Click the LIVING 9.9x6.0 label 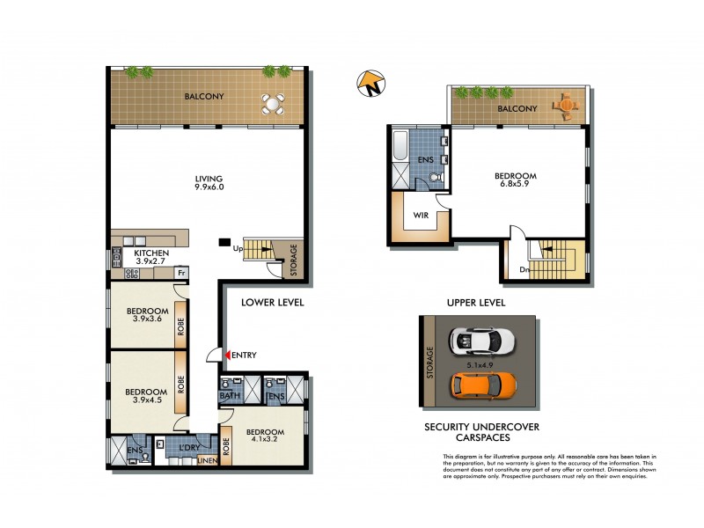(209, 183)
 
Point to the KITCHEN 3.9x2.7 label (151, 256)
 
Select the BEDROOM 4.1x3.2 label (265, 436)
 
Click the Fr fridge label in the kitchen (181, 273)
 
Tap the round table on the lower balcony (275, 105)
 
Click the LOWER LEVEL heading (273, 303)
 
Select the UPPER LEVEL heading (475, 303)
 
